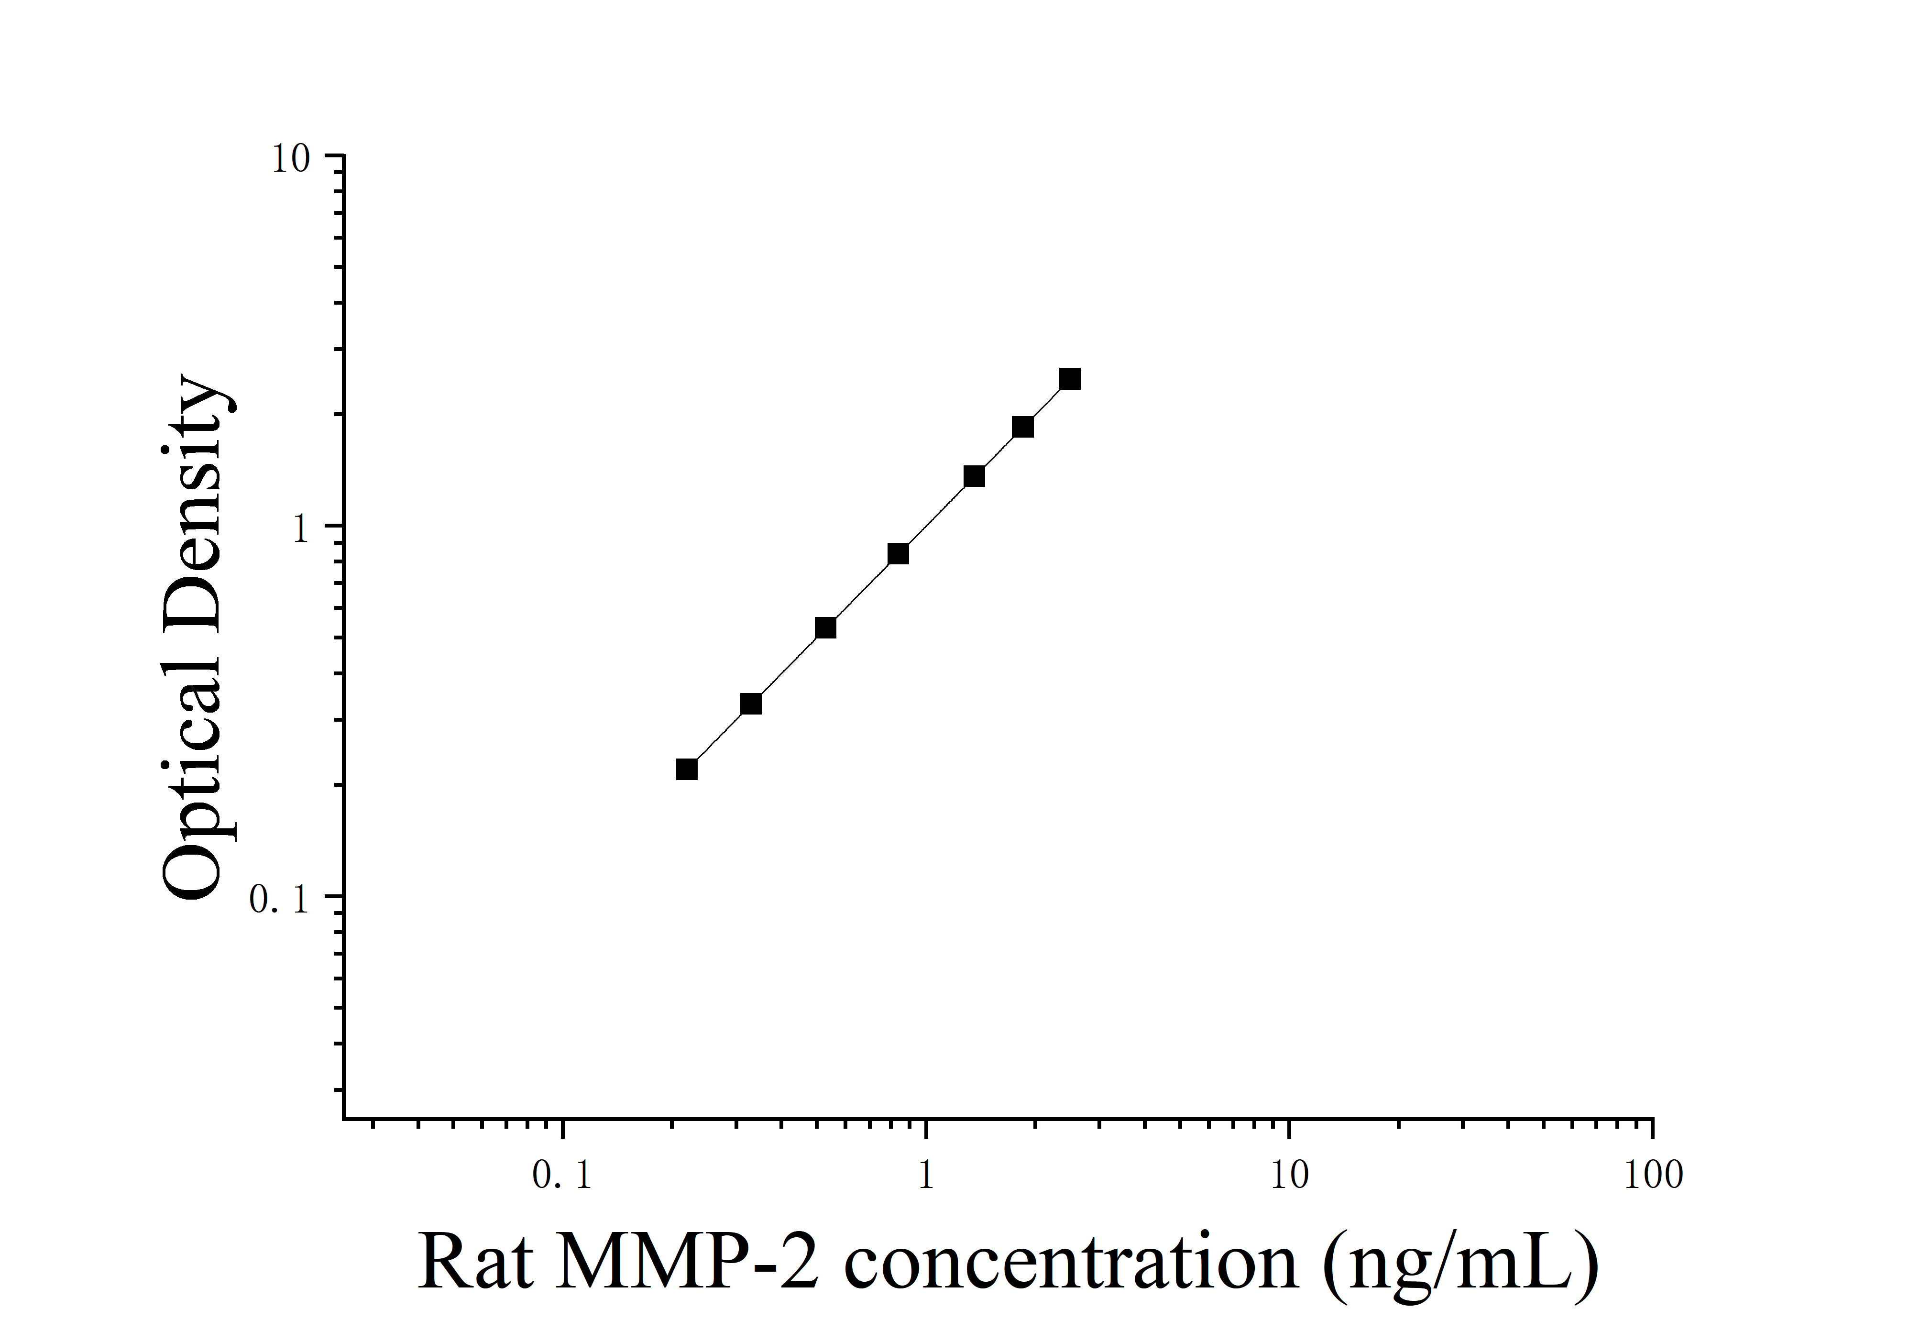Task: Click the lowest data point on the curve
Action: (687, 769)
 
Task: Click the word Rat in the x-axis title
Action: (475, 1263)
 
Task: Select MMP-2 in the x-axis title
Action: (686, 1263)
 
